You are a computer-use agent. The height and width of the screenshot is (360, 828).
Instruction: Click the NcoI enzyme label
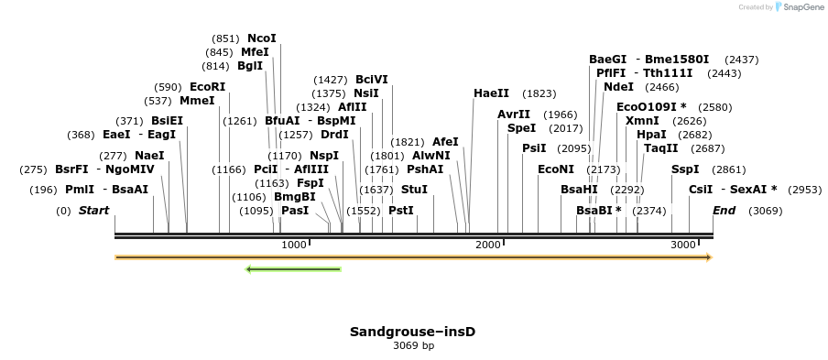[261, 38]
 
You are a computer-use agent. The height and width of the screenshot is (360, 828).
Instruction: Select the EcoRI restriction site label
[207, 87]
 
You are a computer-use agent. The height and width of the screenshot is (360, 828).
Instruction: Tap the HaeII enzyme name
[491, 93]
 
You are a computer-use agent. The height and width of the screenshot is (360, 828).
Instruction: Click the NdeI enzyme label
[618, 87]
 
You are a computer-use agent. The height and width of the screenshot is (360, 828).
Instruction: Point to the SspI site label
[685, 169]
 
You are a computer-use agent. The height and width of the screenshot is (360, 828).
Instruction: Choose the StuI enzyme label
[414, 189]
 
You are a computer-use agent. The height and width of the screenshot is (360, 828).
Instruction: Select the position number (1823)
[539, 93]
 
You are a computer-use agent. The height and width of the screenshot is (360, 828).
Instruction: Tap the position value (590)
[169, 87]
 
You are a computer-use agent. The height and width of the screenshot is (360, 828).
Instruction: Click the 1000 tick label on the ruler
[294, 245]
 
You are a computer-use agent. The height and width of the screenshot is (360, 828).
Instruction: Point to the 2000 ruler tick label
[488, 245]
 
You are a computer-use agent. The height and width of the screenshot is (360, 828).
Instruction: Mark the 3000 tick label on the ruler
[683, 245]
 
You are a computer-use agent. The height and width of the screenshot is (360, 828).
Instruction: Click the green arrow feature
[293, 269]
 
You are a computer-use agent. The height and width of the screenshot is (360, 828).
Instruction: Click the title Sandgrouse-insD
[413, 331]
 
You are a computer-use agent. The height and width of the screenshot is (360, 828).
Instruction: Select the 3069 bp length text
[413, 346]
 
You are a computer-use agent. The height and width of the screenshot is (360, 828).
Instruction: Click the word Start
[93, 211]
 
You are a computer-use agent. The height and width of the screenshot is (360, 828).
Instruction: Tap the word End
[724, 211]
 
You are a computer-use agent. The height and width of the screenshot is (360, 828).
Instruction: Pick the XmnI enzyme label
[641, 121]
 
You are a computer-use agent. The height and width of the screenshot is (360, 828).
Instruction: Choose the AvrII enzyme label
[514, 115]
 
